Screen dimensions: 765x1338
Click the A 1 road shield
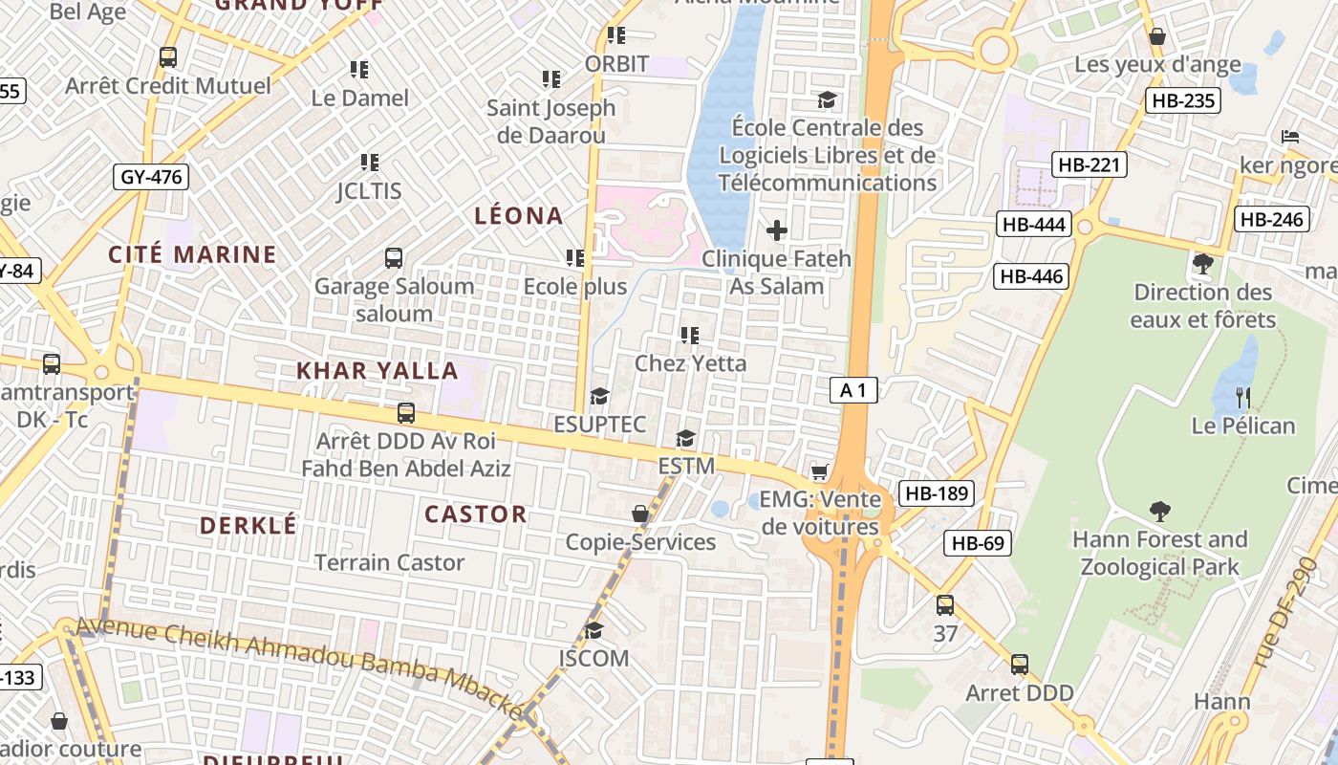pyautogui.click(x=853, y=390)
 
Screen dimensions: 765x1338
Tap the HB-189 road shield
pyautogui.click(x=937, y=493)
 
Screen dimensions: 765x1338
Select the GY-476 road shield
pyautogui.click(x=151, y=177)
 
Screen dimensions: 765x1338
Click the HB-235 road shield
pyautogui.click(x=1183, y=100)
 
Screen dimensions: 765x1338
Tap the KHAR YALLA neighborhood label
pyautogui.click(x=363, y=371)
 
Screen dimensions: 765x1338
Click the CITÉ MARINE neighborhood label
pyautogui.click(x=192, y=254)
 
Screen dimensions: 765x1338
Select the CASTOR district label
pyautogui.click(x=476, y=514)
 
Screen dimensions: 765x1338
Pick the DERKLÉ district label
pyautogui.click(x=248, y=525)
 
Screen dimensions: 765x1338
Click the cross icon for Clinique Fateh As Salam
pyautogui.click(x=777, y=229)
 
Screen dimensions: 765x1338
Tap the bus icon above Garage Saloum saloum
pyautogui.click(x=394, y=257)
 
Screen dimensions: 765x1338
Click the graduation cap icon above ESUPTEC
pyautogui.click(x=599, y=396)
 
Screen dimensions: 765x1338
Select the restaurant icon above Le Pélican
pyautogui.click(x=1242, y=397)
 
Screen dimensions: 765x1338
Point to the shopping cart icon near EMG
pyautogui.click(x=819, y=471)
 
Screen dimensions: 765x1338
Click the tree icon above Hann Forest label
pyautogui.click(x=1160, y=511)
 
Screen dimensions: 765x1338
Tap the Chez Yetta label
pyautogui.click(x=690, y=363)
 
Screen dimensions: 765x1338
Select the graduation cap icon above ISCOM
pyautogui.click(x=593, y=630)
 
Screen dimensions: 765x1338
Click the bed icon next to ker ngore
pyautogui.click(x=1289, y=137)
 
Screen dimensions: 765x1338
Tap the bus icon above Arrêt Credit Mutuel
pyautogui.click(x=168, y=57)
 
